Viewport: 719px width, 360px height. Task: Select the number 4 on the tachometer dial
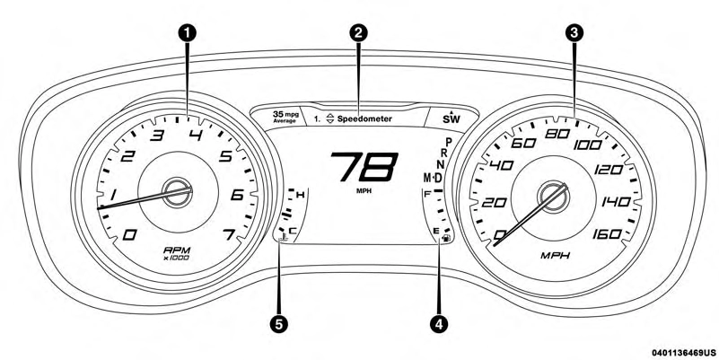click(x=195, y=136)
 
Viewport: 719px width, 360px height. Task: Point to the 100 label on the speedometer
click(x=588, y=145)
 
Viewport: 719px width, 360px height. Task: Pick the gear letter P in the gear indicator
click(x=447, y=141)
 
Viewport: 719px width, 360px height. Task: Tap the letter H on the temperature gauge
click(x=300, y=195)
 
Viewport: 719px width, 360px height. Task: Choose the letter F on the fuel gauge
click(x=428, y=192)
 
